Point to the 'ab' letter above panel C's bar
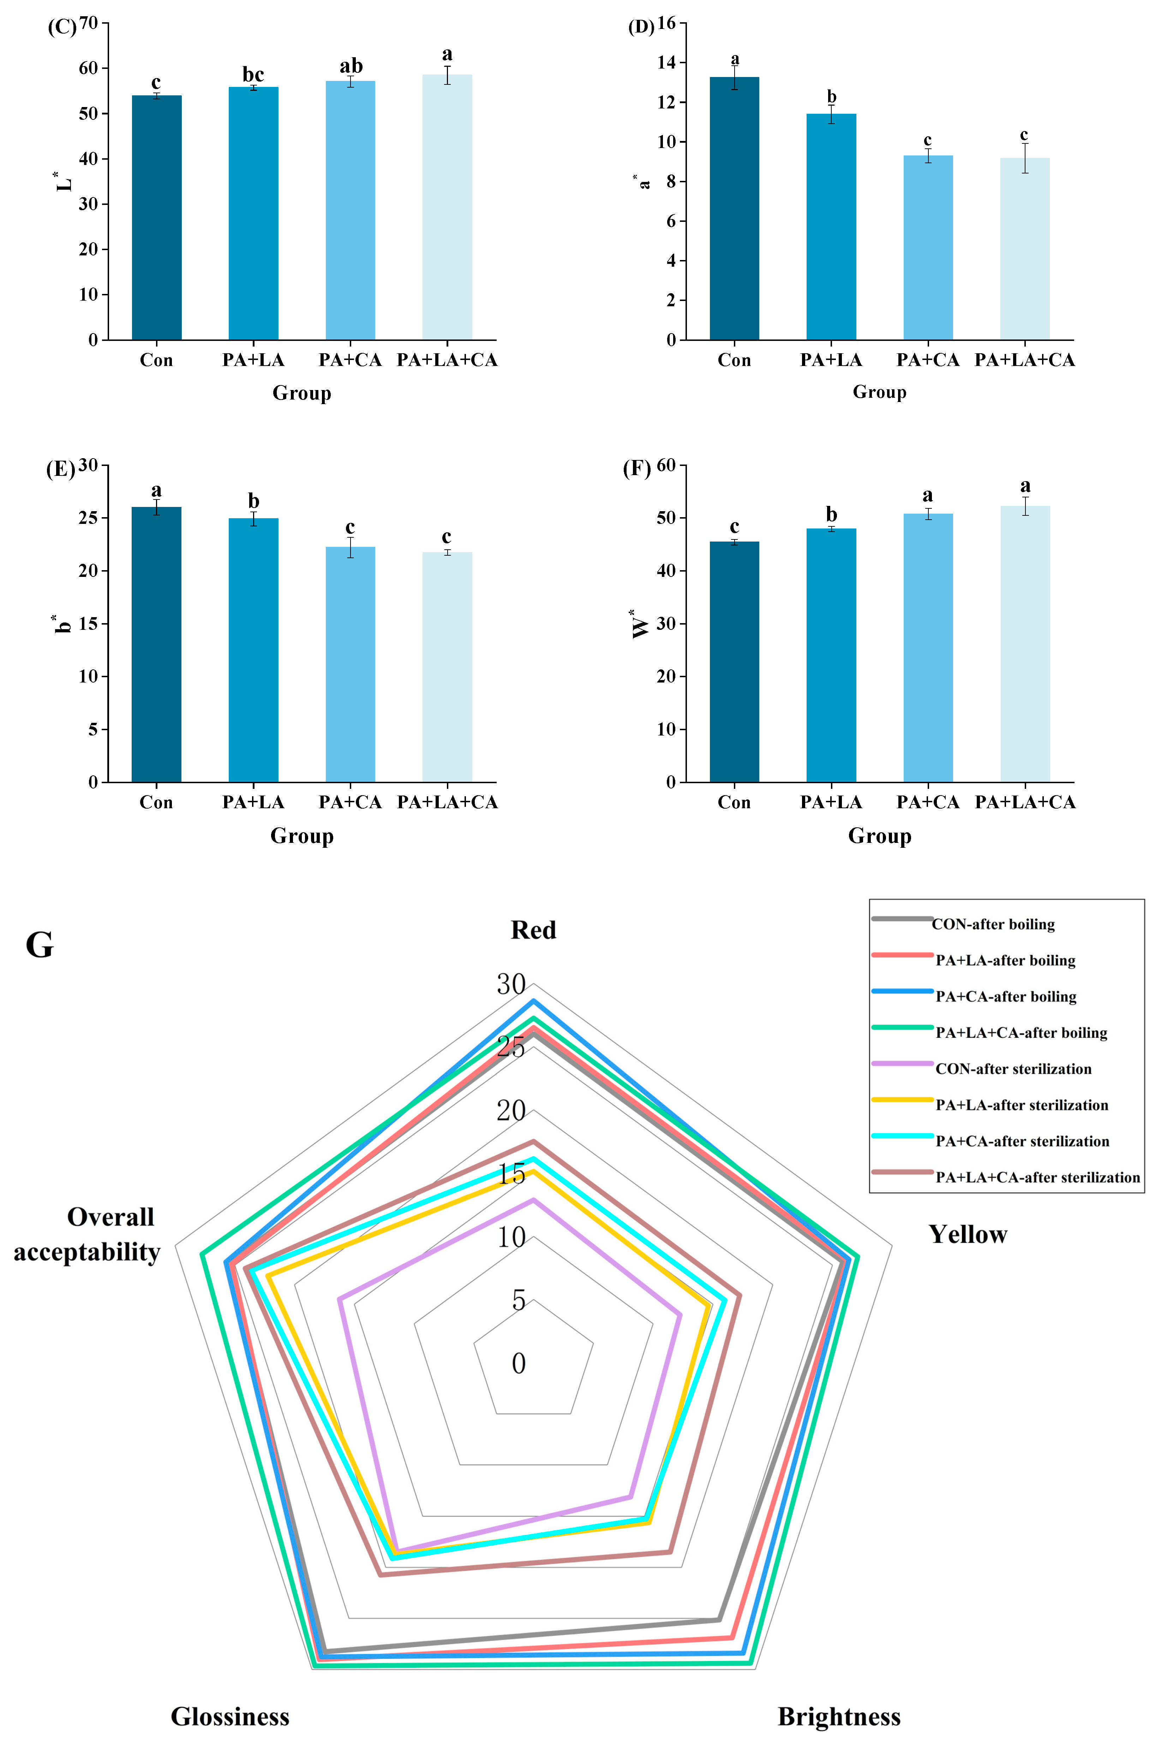(351, 66)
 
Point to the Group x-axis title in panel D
(880, 392)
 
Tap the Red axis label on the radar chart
(533, 930)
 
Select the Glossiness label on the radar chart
(230, 1716)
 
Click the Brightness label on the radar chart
(839, 1716)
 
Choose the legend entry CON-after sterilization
(1013, 1069)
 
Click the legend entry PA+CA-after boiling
(1005, 997)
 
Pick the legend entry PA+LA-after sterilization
(1021, 1105)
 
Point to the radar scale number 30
(511, 984)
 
